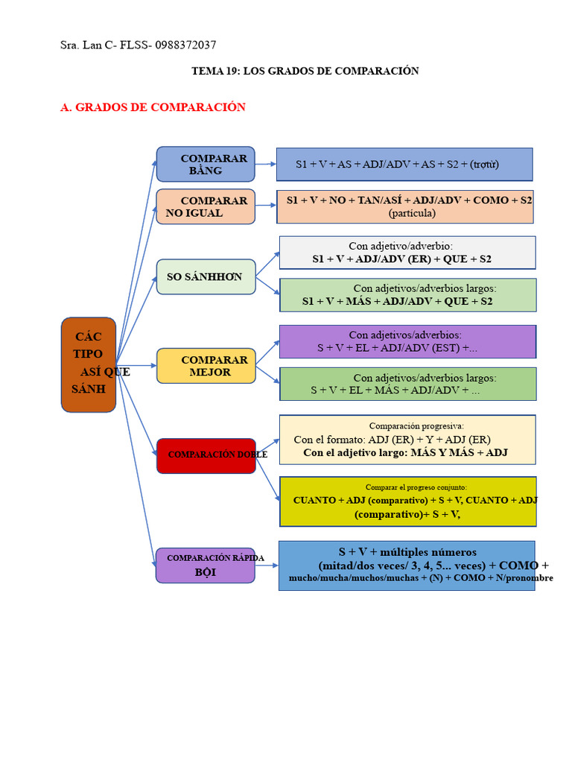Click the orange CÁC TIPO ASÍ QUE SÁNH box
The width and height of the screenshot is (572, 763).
click(89, 364)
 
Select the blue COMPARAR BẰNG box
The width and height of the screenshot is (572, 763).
click(206, 164)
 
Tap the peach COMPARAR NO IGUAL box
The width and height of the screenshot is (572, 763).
click(206, 206)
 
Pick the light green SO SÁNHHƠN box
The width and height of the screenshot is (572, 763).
click(206, 277)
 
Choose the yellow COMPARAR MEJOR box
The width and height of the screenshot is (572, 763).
click(206, 366)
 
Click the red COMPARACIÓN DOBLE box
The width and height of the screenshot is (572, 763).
click(206, 455)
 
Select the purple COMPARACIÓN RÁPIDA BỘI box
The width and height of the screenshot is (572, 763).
click(206, 566)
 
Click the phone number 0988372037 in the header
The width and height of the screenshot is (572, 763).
click(185, 45)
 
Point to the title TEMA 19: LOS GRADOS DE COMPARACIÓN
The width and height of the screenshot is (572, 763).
click(305, 71)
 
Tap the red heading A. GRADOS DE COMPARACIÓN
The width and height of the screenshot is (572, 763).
click(153, 107)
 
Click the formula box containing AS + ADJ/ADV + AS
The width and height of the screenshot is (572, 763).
click(404, 164)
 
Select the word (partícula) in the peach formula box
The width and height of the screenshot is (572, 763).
click(412, 213)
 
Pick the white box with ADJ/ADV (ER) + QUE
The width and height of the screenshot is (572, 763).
click(407, 253)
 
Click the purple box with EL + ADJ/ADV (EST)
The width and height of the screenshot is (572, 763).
click(407, 341)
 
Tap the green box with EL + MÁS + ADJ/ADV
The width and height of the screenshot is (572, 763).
click(407, 384)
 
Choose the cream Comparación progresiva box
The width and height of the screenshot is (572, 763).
click(407, 440)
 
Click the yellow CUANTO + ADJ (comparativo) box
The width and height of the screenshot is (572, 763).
click(407, 501)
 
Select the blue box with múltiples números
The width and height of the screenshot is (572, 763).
click(407, 566)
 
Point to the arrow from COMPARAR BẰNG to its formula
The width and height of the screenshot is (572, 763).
click(266, 164)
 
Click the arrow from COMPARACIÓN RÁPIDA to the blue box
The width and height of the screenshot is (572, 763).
click(267, 566)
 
